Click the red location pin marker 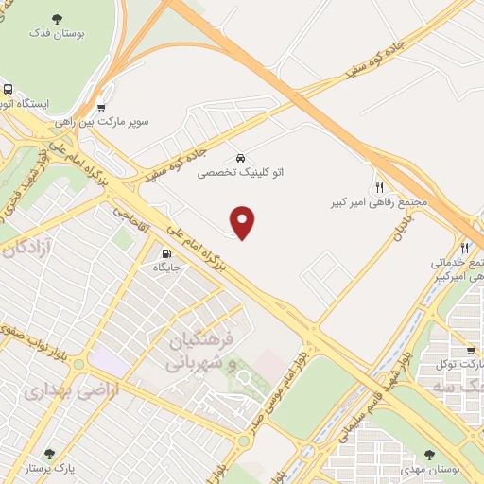[x=244, y=223]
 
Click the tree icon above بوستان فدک [x=59, y=17]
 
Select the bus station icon [x=7, y=103]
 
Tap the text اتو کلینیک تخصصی [x=240, y=173]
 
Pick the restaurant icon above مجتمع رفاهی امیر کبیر [x=380, y=187]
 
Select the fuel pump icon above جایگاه [x=167, y=252]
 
